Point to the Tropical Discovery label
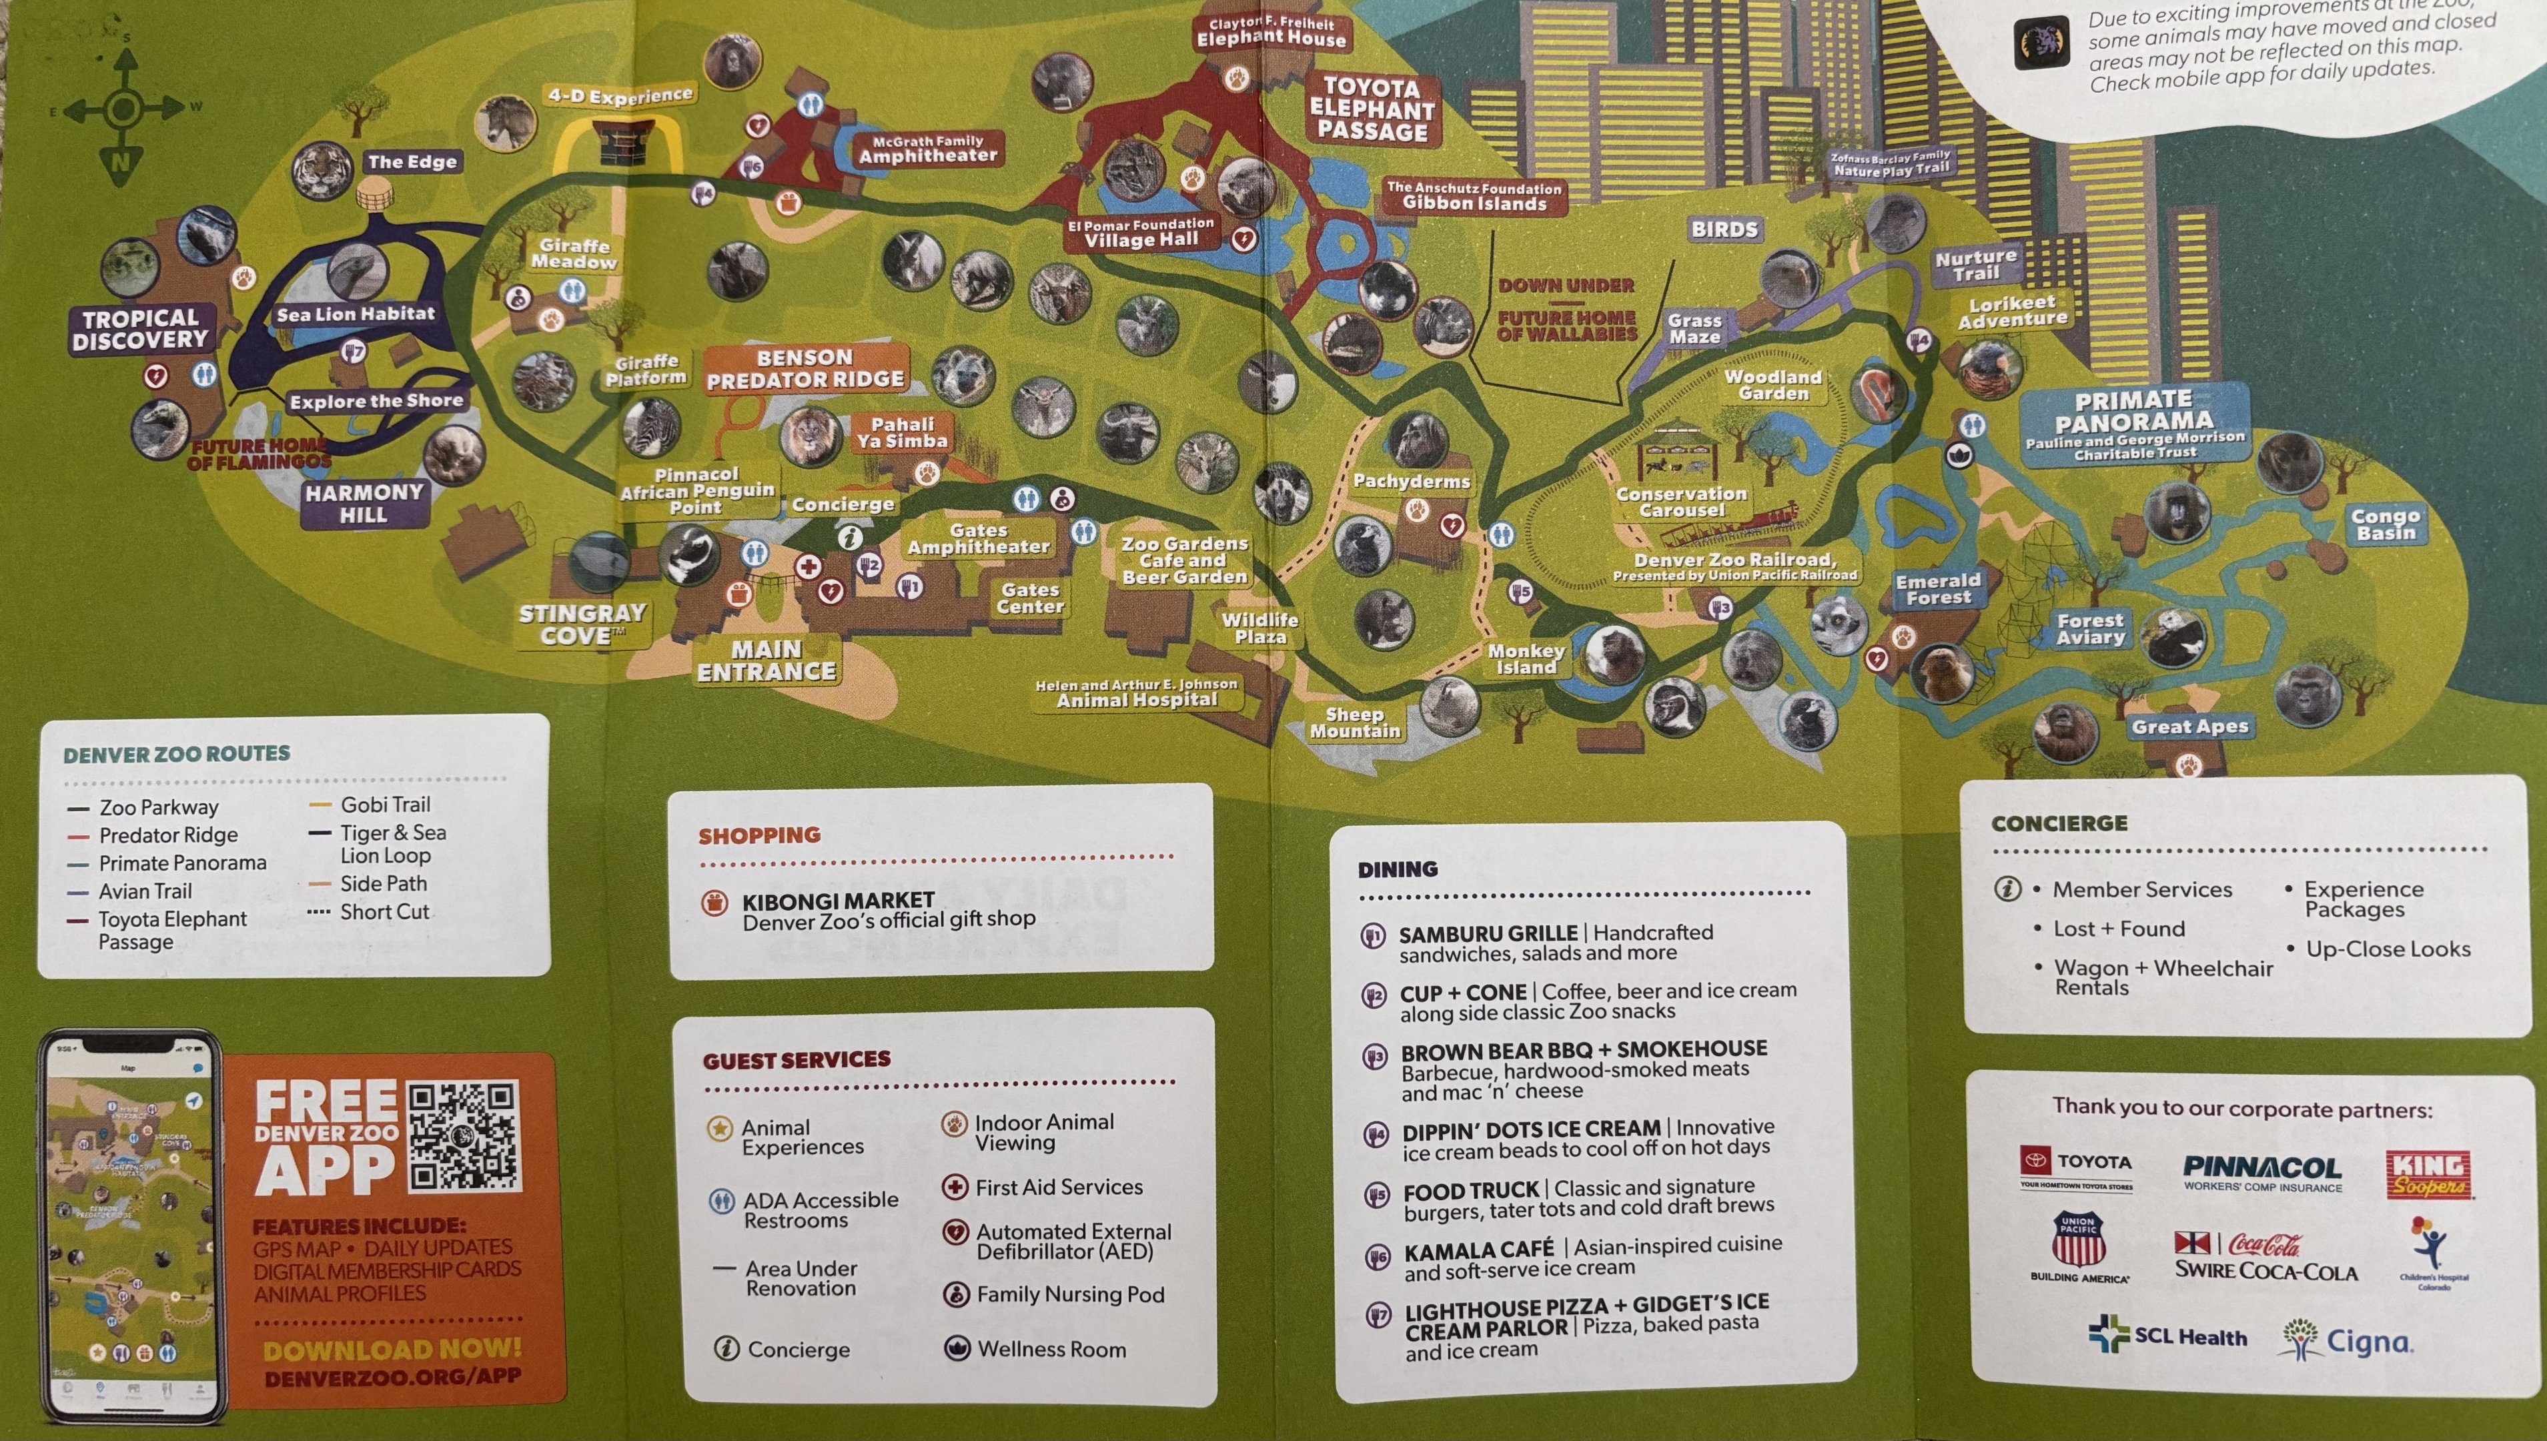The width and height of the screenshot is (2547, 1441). tap(141, 330)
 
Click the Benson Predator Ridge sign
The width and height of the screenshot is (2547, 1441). tap(805, 368)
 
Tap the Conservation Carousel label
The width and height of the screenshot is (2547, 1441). tap(1682, 502)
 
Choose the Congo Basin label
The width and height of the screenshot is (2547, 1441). tap(2385, 524)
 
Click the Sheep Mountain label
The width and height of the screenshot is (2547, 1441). tap(1355, 723)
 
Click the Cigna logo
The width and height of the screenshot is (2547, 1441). tap(2348, 1341)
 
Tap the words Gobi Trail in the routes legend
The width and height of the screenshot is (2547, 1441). tap(385, 805)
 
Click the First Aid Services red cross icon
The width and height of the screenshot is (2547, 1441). tap(955, 1187)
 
